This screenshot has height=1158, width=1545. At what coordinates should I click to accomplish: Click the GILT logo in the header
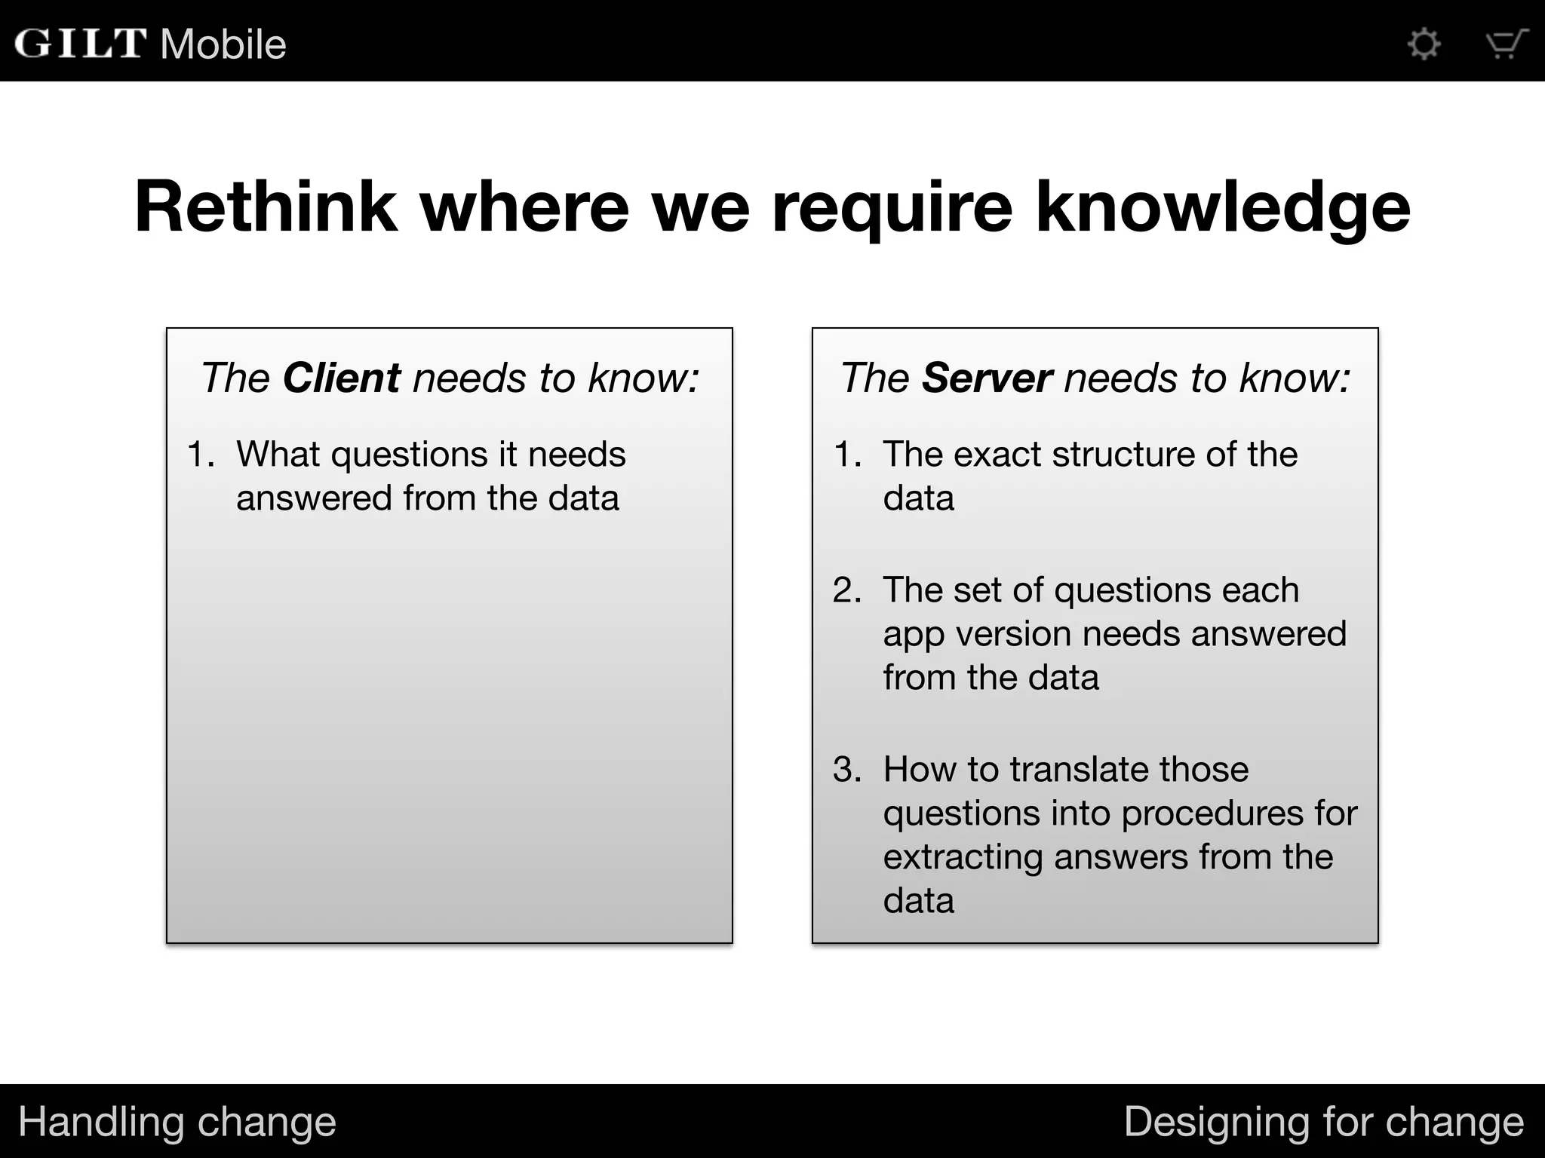tap(80, 43)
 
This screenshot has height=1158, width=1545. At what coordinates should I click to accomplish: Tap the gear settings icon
tap(1424, 44)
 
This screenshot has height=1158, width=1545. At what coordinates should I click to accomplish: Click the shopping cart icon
tap(1506, 44)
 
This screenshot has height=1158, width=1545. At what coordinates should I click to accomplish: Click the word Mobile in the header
tap(223, 44)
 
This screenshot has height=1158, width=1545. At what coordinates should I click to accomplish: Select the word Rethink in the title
tap(266, 207)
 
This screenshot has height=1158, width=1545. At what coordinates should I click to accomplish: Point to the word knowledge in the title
tap(1222, 208)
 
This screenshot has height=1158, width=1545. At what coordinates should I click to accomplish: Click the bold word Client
tap(341, 378)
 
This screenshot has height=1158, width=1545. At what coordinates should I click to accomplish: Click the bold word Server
tap(986, 378)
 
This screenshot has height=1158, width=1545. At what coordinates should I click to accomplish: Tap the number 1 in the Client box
tap(198, 455)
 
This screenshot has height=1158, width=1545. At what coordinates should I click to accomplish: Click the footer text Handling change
tap(177, 1122)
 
